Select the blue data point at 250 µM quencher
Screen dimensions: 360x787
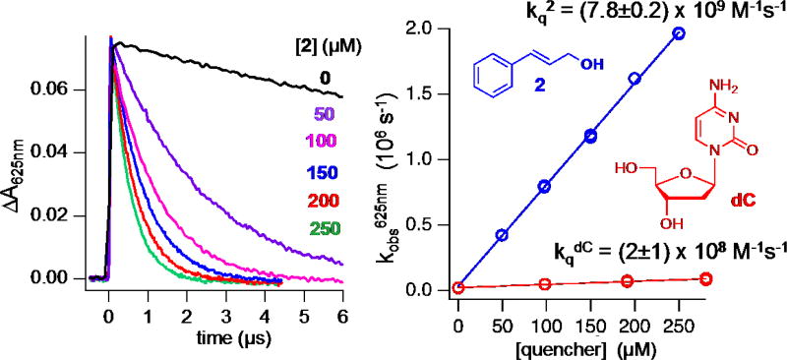pos(679,33)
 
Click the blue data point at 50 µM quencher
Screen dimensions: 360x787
pos(502,235)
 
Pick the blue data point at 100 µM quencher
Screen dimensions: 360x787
pos(544,186)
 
